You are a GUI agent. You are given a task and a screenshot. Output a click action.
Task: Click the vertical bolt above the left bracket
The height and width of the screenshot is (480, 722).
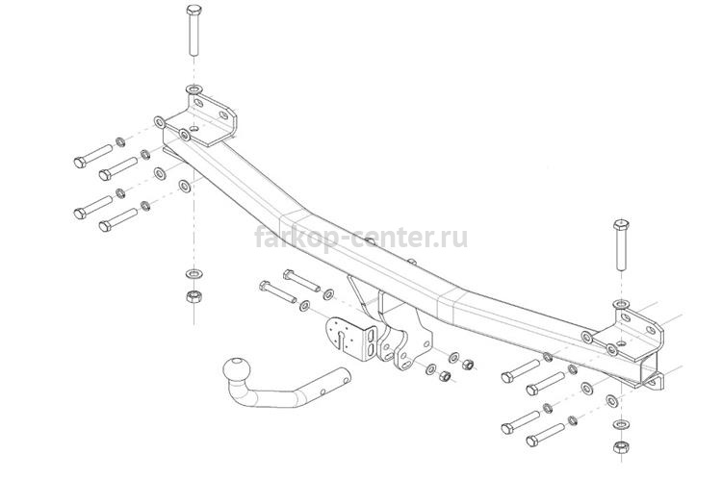[x=194, y=31]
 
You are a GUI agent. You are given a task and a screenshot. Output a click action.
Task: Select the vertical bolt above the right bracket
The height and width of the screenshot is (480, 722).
[x=621, y=245]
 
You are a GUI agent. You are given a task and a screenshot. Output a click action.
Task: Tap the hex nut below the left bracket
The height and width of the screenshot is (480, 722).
[x=194, y=296]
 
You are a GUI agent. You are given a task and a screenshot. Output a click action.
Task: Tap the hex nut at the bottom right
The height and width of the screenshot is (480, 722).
[x=620, y=446]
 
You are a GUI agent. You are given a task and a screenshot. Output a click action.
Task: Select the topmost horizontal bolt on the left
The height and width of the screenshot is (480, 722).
[x=93, y=156]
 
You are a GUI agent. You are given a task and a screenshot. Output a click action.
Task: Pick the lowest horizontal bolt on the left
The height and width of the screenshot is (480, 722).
[x=118, y=220]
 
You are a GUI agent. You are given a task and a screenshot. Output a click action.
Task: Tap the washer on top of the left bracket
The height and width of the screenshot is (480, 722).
[x=193, y=88]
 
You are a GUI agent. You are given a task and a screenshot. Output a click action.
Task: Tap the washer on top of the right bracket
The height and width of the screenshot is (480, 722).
[x=621, y=304]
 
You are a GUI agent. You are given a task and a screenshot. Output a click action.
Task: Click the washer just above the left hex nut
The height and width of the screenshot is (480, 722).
[x=194, y=274]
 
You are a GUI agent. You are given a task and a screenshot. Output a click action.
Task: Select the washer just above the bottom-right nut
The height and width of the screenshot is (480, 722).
[x=621, y=424]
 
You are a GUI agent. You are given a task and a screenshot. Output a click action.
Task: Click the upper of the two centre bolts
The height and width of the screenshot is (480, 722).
[x=302, y=280]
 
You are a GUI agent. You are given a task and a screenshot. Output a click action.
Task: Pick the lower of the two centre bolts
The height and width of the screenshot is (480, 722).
[x=277, y=291]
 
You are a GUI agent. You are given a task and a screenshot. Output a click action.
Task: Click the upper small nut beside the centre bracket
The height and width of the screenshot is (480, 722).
[x=467, y=365]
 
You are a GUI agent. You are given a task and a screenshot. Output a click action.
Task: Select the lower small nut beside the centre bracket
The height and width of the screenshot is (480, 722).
[x=445, y=376]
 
